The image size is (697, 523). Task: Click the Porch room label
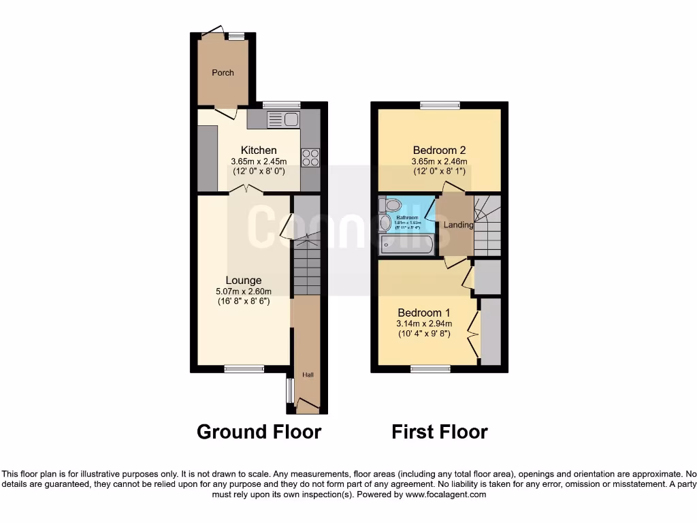pos(223,73)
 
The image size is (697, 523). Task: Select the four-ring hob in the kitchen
pos(310,157)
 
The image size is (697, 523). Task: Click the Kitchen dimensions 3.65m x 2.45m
pos(259,161)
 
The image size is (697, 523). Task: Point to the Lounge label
pos(244,280)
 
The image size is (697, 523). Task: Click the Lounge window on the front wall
pos(244,368)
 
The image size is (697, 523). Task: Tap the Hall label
pos(308,375)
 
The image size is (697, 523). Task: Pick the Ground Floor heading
pos(259,432)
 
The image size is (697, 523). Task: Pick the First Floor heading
pos(440,432)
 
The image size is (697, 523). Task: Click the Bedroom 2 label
pos(439,150)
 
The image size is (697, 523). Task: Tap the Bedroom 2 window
pos(440,105)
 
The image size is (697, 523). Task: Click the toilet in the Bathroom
pos(392,205)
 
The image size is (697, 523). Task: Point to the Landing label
pos(458,225)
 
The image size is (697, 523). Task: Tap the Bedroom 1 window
pos(429,368)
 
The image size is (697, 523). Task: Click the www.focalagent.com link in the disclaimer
pos(445,495)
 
